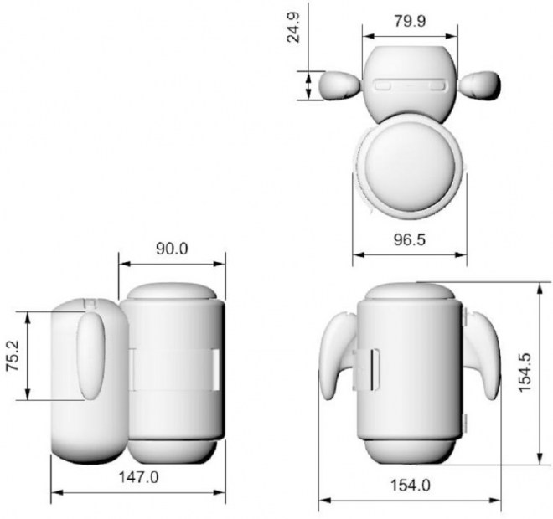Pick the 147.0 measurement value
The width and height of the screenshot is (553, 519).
point(137,476)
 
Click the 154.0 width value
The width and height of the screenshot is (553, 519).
point(410,486)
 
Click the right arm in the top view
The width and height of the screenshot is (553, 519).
point(481,85)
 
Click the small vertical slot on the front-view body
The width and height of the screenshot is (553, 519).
point(374,368)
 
